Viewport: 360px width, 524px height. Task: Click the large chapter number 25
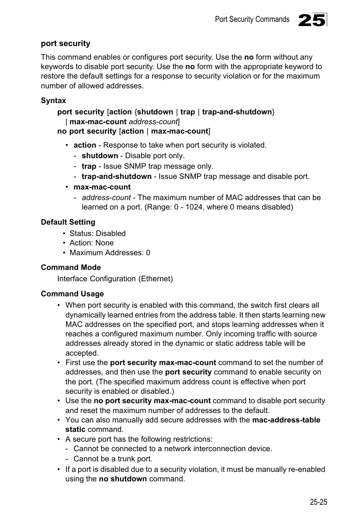click(312, 20)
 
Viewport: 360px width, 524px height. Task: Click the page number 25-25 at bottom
click(318, 502)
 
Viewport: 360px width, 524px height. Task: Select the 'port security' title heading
click(66, 43)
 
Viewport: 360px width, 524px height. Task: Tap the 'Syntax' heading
click(53, 100)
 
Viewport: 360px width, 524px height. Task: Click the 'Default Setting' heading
click(68, 222)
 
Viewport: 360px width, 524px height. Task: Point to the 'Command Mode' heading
click(71, 267)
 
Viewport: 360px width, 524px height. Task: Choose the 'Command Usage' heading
click(72, 294)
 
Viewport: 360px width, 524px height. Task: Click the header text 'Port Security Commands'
click(252, 19)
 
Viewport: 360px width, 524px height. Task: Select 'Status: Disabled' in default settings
click(97, 233)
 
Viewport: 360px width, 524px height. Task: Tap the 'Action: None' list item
click(91, 243)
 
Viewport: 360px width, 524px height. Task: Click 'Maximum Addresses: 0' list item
click(109, 253)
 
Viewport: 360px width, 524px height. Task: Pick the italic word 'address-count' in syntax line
click(153, 122)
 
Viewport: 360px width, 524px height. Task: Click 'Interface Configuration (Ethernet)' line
click(115, 279)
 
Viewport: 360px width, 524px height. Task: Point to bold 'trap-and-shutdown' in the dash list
click(116, 176)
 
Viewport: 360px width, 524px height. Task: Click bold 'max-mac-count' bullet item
click(102, 187)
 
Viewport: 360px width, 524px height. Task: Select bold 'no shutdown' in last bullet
click(123, 479)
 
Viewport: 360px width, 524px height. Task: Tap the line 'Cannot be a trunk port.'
click(113, 459)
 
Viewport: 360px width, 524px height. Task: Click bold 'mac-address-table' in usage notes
click(286, 420)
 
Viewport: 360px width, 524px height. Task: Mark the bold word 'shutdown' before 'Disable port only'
click(100, 156)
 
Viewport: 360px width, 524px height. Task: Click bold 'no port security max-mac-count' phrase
click(152, 401)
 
